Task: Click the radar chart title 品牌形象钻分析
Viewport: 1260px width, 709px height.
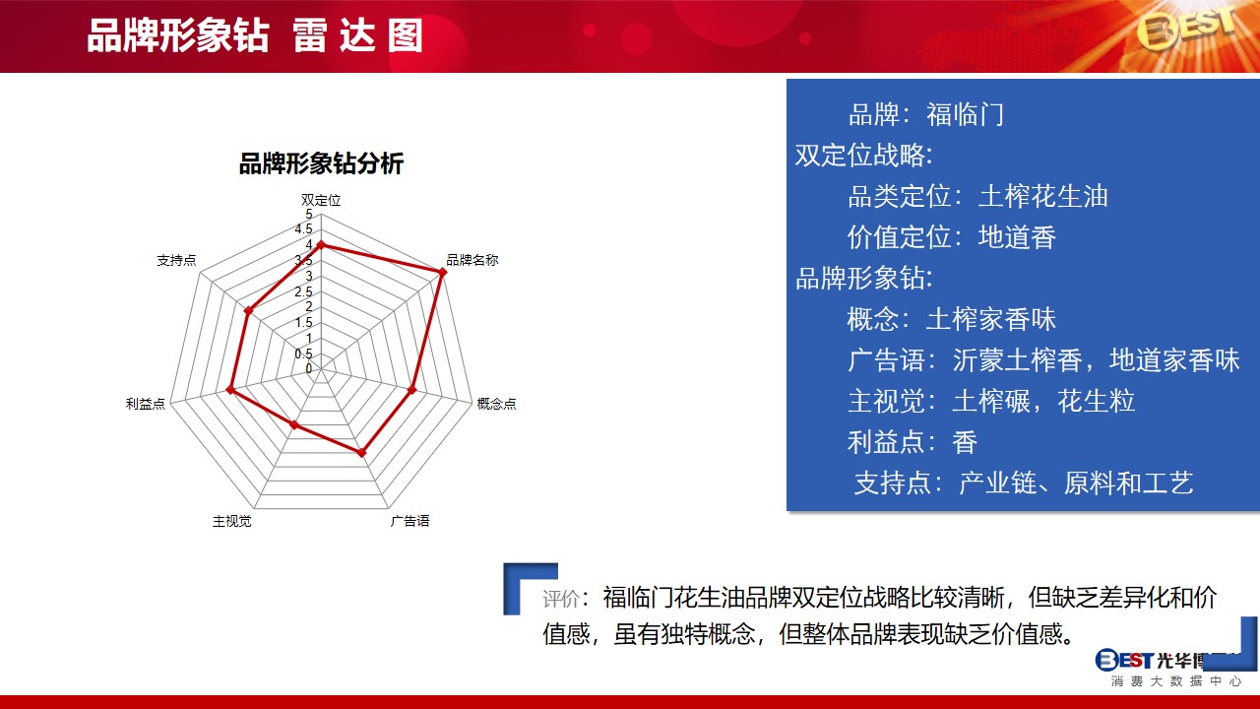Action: coord(321,163)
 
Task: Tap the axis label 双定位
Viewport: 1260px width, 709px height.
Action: coord(321,200)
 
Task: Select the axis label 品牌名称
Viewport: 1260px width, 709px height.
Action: coord(472,260)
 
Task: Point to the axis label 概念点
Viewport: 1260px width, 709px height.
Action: coord(496,404)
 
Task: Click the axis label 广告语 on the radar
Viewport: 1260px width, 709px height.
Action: coord(410,521)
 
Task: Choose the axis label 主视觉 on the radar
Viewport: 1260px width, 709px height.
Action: coord(231,521)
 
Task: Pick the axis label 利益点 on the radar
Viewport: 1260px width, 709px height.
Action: coord(145,404)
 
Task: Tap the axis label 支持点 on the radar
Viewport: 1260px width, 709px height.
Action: coord(176,260)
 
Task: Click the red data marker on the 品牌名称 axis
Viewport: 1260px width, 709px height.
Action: coord(443,273)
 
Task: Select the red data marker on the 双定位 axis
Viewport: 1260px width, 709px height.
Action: coord(321,245)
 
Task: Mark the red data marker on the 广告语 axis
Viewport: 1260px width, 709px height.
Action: coord(361,452)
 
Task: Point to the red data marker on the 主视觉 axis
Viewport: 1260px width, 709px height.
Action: coord(293,424)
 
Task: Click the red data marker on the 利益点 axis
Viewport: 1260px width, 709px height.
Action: coord(230,389)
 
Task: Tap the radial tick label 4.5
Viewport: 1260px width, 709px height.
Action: coord(304,229)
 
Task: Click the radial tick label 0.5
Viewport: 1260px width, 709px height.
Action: coord(304,354)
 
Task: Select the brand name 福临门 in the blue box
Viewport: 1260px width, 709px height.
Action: coord(966,115)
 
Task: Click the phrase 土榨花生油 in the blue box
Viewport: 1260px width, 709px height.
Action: coord(1042,196)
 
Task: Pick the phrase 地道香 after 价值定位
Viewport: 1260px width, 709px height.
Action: coord(1017,237)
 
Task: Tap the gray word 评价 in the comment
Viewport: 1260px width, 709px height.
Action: coord(561,599)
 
